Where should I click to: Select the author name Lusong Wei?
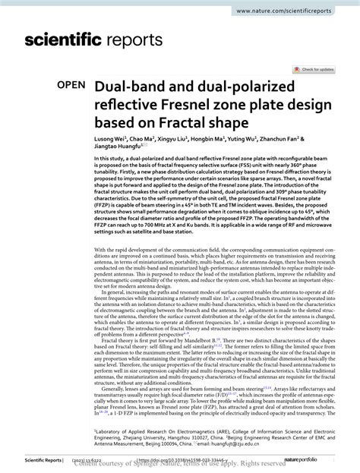tap(110, 140)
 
